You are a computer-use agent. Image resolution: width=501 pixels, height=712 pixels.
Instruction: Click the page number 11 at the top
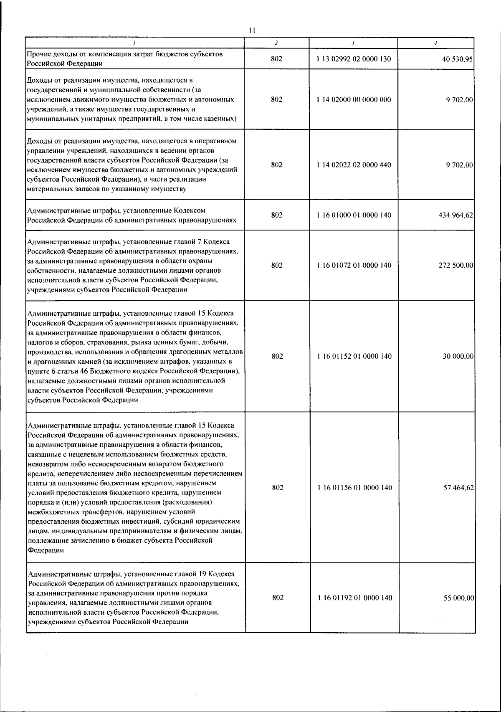pyautogui.click(x=251, y=30)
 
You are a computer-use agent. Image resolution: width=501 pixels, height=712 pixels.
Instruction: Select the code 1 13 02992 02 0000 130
pyautogui.click(x=354, y=59)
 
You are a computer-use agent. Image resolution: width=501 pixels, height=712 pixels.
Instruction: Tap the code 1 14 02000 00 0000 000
pyautogui.click(x=354, y=99)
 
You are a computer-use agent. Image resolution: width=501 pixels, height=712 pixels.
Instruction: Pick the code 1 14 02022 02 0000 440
pyautogui.click(x=354, y=165)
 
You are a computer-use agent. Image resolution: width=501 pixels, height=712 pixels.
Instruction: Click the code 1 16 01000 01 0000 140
pyautogui.click(x=354, y=215)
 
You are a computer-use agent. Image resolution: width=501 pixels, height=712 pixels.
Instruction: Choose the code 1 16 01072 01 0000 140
pyautogui.click(x=354, y=266)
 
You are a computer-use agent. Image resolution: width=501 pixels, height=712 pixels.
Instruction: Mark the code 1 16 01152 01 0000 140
pyautogui.click(x=354, y=357)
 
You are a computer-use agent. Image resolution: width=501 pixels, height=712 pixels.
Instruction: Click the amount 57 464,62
pyautogui.click(x=458, y=488)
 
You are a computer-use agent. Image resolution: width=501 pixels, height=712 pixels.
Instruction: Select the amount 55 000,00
pyautogui.click(x=458, y=598)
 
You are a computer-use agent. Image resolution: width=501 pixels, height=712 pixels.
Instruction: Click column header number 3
pyautogui.click(x=353, y=43)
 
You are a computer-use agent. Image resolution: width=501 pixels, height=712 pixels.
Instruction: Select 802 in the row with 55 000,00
pyautogui.click(x=278, y=598)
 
